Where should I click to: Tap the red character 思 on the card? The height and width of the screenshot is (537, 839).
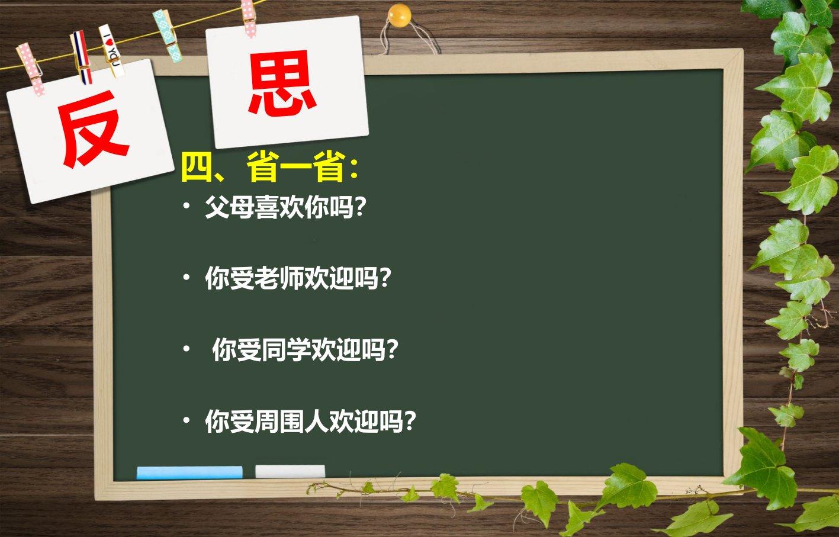[282, 82]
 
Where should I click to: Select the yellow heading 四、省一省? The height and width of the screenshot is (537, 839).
[269, 167]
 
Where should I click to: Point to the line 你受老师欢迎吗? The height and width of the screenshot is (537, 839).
[298, 278]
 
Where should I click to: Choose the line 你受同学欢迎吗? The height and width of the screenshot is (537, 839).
[305, 350]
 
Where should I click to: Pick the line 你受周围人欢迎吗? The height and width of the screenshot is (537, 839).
[310, 421]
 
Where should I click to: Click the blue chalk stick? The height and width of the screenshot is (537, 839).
[189, 472]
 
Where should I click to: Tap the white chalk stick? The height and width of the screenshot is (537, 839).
[290, 471]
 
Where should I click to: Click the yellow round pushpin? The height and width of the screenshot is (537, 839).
[399, 16]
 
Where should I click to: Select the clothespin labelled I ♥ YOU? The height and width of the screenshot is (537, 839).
[112, 50]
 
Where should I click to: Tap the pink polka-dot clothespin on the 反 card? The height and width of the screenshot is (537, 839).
[31, 69]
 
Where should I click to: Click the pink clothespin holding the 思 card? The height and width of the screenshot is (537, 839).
[249, 18]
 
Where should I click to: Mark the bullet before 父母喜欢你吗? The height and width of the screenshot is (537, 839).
[187, 206]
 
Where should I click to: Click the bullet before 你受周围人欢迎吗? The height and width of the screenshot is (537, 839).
[187, 420]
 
